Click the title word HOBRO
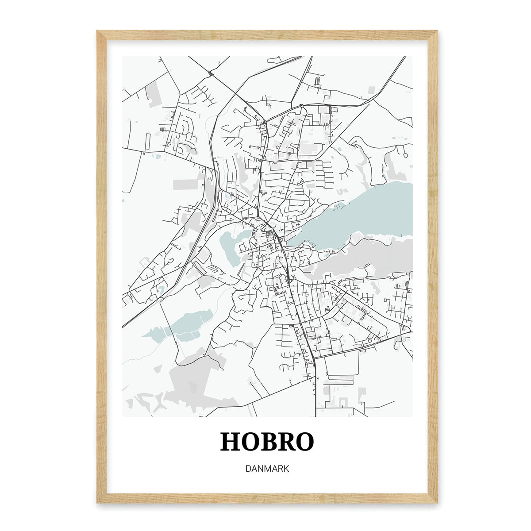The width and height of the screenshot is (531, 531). [x=267, y=442]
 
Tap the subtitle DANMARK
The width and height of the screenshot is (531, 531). [x=267, y=469]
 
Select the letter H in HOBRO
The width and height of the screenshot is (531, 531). [x=231, y=442]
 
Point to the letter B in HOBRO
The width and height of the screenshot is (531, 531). [x=268, y=442]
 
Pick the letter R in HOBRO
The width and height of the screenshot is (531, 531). [x=286, y=442]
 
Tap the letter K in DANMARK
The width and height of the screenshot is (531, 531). [x=286, y=469]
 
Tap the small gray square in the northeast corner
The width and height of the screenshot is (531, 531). [x=372, y=89]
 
